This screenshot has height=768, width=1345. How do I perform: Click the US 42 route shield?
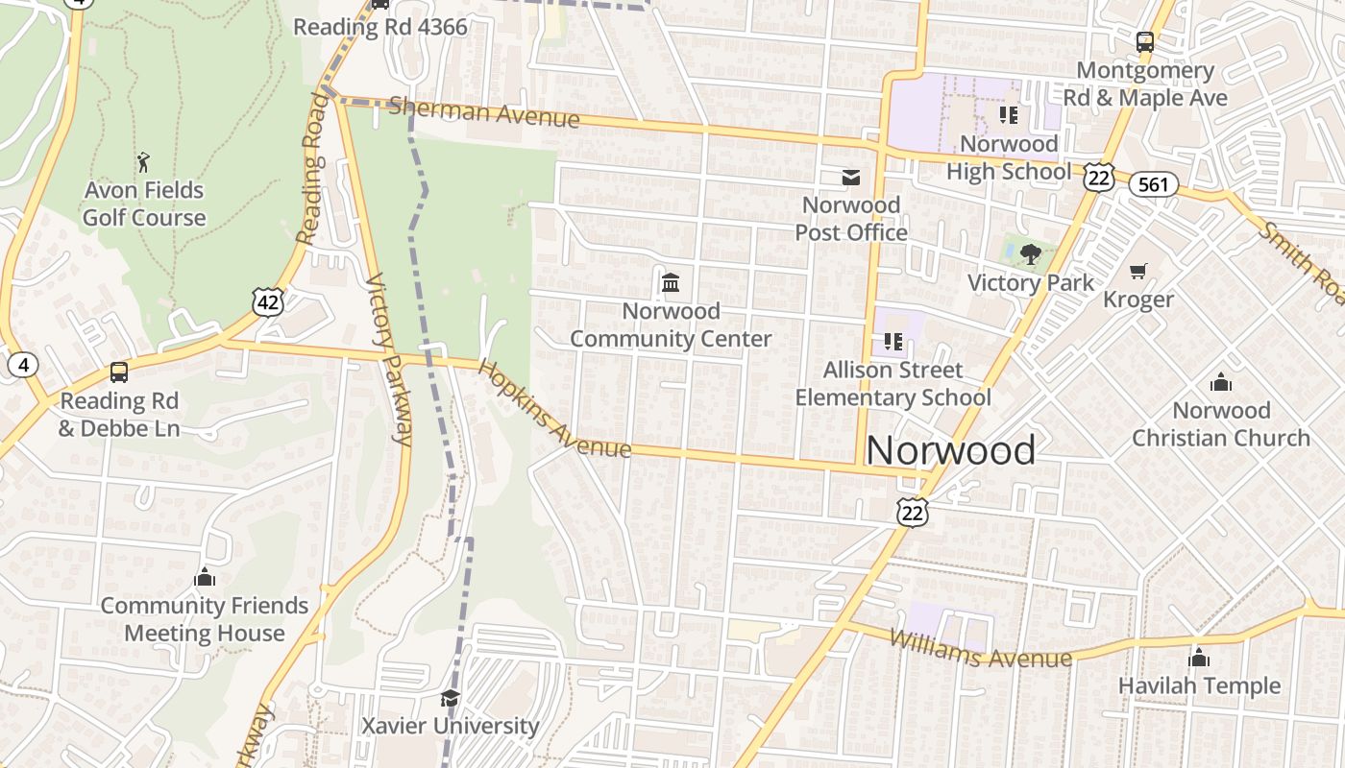click(x=269, y=301)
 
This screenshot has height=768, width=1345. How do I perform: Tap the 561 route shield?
click(x=1153, y=183)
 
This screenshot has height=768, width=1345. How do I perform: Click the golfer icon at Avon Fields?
click(x=144, y=160)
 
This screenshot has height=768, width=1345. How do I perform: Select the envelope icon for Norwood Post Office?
click(x=851, y=178)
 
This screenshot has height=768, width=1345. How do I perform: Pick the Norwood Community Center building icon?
click(x=671, y=283)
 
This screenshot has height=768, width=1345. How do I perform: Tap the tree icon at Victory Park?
click(x=1031, y=254)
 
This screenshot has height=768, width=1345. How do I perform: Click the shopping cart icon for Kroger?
click(x=1138, y=271)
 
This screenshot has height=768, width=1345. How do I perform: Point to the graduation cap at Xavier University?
click(x=450, y=698)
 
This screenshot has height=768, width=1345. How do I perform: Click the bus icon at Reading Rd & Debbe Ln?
click(x=119, y=372)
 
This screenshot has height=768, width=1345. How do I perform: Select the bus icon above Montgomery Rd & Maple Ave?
click(x=1144, y=42)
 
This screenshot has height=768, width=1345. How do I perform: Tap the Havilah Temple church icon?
click(x=1199, y=658)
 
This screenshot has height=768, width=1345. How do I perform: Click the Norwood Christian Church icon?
click(x=1221, y=382)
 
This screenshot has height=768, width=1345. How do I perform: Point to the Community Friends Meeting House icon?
click(x=205, y=577)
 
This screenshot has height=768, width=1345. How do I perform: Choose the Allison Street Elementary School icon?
click(x=893, y=342)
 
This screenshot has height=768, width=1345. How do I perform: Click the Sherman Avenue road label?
click(x=484, y=112)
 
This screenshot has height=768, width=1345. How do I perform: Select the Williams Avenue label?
click(x=980, y=649)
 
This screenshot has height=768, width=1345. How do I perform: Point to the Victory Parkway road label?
click(x=390, y=360)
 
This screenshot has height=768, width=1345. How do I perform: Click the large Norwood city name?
click(x=951, y=450)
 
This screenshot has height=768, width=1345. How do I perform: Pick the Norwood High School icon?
click(x=1009, y=116)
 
